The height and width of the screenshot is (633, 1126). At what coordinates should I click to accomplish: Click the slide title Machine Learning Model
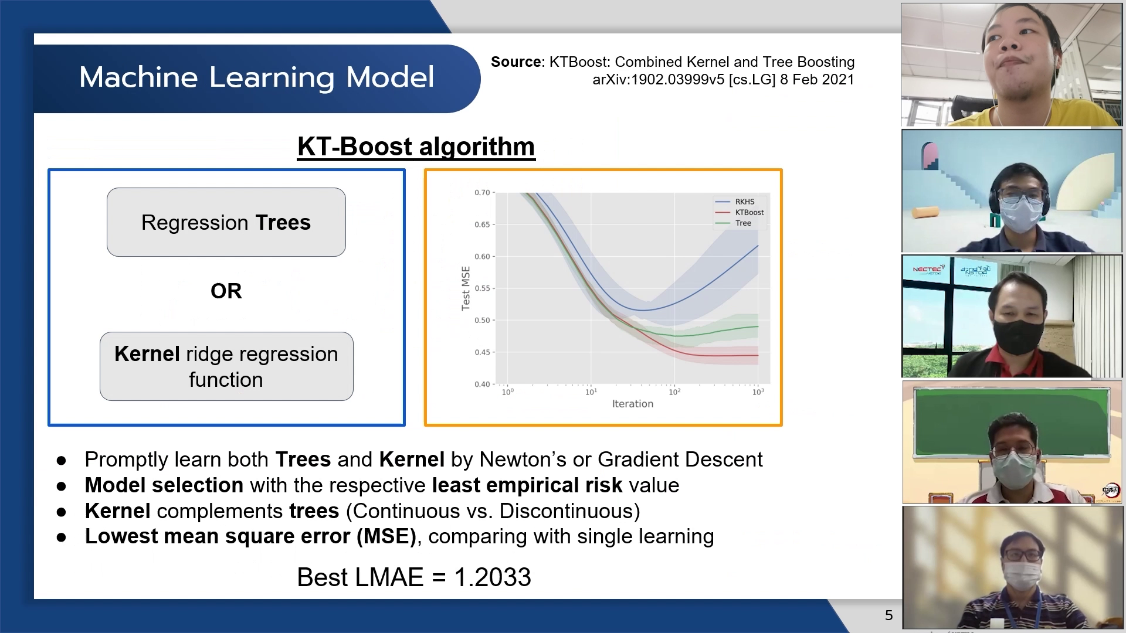pos(257,77)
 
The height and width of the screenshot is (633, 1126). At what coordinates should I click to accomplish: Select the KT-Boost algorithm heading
pos(416,147)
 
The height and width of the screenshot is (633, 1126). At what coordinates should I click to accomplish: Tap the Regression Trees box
pos(226,222)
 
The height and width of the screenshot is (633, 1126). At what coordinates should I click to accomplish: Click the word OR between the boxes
pos(226,291)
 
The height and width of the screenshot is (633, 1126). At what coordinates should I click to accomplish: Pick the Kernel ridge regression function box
pos(226,366)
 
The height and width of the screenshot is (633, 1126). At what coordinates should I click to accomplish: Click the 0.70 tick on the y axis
pos(482,192)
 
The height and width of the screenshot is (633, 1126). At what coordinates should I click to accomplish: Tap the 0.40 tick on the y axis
pos(482,384)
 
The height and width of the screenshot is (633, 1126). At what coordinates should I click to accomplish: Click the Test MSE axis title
pos(466,288)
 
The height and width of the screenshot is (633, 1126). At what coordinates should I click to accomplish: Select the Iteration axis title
pos(633,404)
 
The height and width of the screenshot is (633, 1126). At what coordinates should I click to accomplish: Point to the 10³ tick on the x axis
pos(758,392)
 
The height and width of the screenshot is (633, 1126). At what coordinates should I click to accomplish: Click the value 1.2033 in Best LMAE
pos(493,577)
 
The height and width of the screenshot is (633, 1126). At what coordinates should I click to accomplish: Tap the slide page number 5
pos(889,615)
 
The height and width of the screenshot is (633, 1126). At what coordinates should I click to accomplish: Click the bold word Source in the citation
pos(516,62)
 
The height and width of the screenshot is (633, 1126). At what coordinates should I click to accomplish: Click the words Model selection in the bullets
pos(164,485)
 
